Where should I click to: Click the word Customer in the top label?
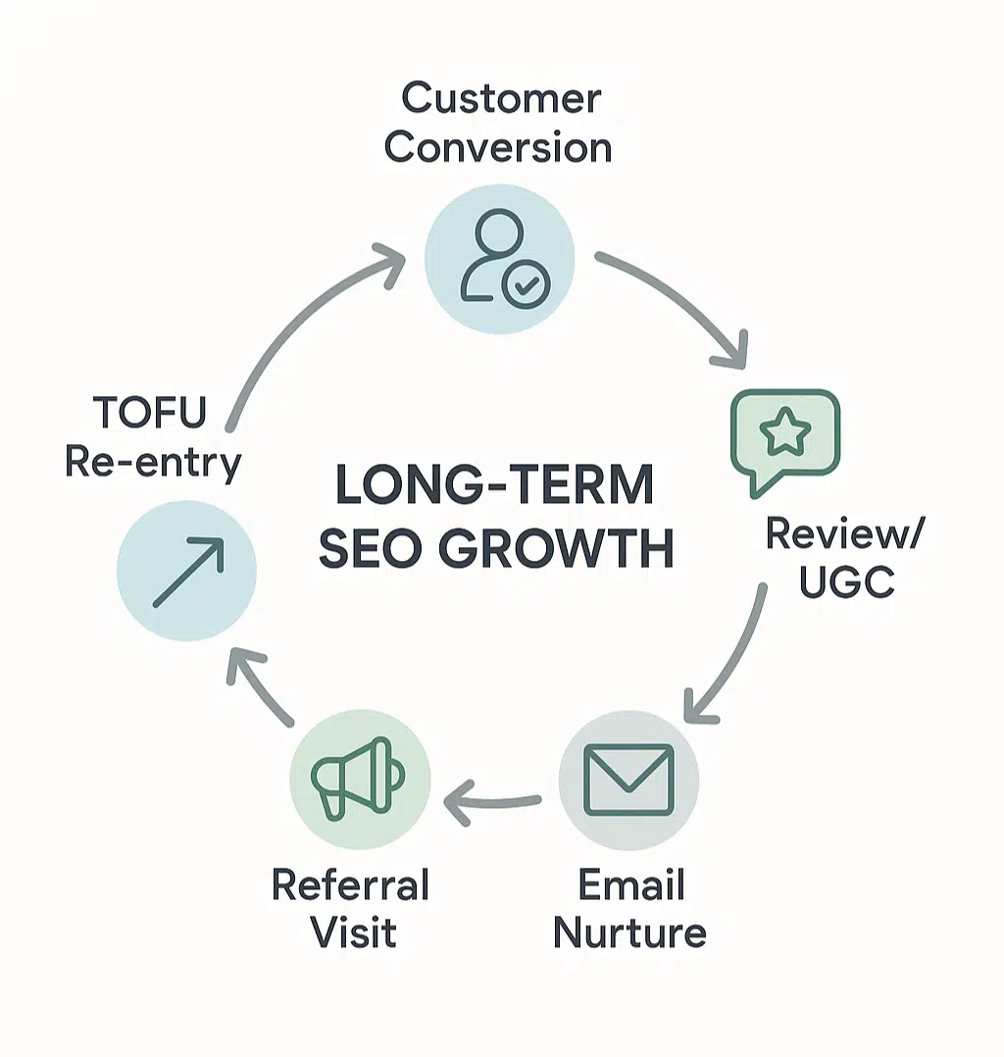click(501, 99)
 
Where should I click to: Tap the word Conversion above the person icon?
click(498, 147)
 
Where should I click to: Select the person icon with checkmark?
click(496, 254)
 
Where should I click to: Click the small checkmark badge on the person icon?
click(526, 284)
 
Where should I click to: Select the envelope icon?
click(627, 779)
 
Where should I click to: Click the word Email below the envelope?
click(630, 885)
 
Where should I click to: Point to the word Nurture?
click(629, 932)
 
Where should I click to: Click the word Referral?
click(350, 885)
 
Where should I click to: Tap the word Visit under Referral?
click(350, 932)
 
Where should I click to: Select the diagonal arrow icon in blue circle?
click(187, 571)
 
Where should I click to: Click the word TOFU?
click(151, 414)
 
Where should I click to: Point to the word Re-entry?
click(152, 462)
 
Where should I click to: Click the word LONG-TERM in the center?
click(495, 484)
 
